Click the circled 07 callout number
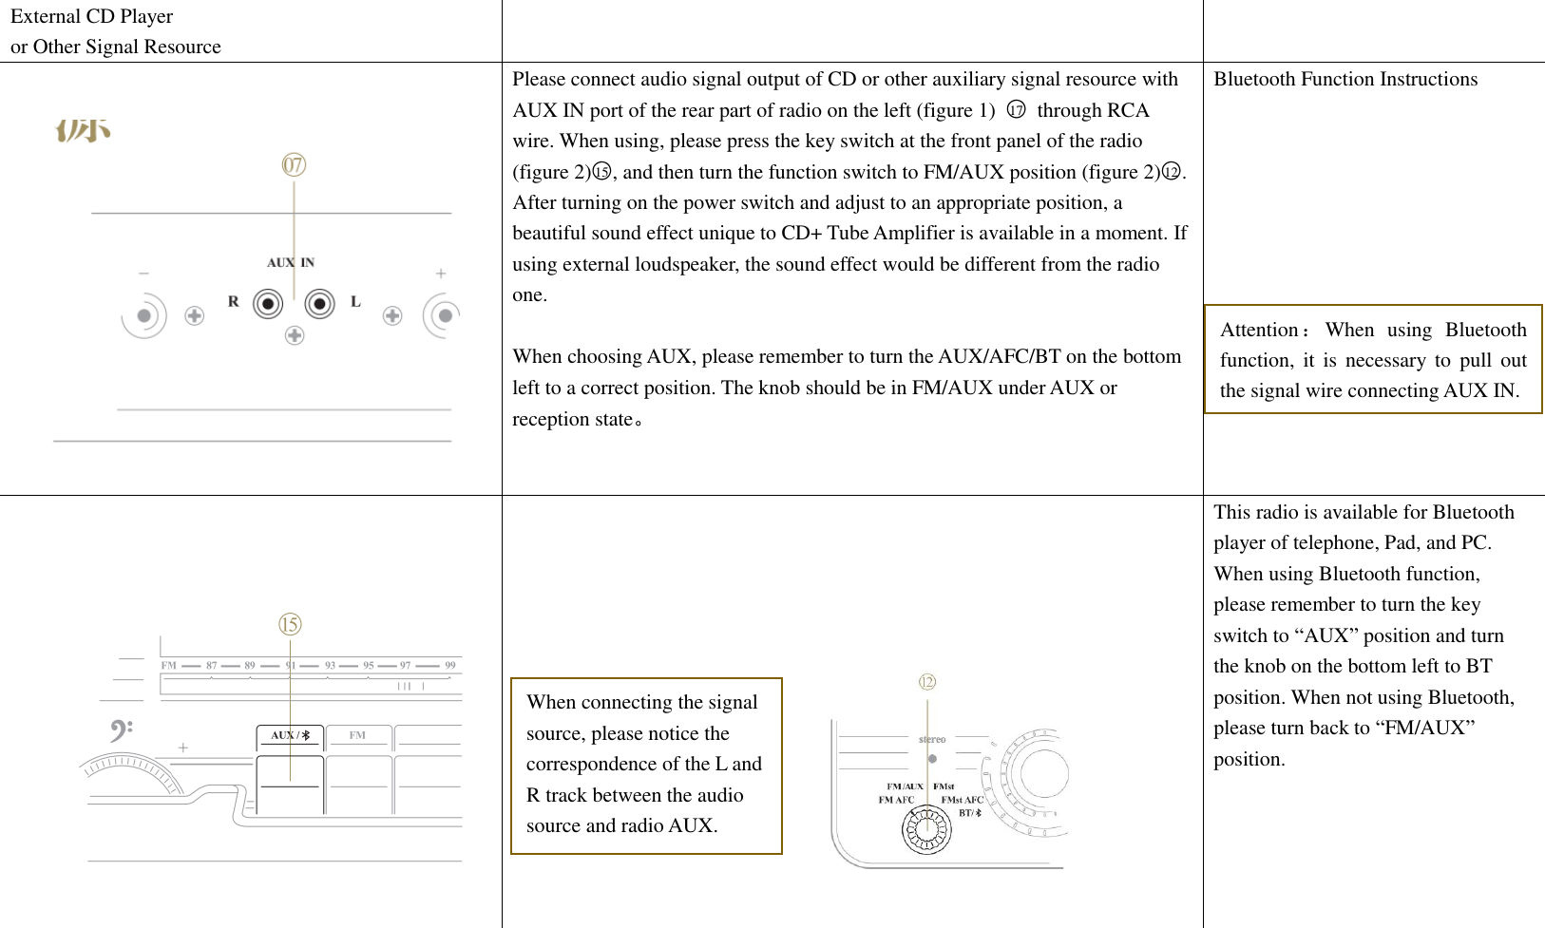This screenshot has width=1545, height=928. (294, 165)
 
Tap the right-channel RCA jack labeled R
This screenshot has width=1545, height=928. (268, 304)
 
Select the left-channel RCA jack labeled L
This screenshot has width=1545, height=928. (320, 304)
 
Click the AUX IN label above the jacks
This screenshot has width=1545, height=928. (290, 263)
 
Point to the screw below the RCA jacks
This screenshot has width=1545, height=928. (295, 335)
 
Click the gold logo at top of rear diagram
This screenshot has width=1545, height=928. (83, 130)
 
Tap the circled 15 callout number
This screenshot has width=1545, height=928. (290, 624)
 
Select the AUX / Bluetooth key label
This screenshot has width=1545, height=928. (290, 735)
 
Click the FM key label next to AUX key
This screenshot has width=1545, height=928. (357, 735)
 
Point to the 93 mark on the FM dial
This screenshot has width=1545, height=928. (330, 666)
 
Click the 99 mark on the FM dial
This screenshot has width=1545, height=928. (450, 666)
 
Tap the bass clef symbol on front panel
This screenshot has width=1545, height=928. (121, 730)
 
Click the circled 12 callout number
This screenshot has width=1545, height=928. (927, 682)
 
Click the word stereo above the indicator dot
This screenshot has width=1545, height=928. (932, 739)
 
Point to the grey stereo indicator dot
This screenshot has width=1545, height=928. (932, 758)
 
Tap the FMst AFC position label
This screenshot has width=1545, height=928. (962, 800)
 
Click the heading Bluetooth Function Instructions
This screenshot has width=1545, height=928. (1345, 79)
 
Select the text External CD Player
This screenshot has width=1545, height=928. (91, 16)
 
